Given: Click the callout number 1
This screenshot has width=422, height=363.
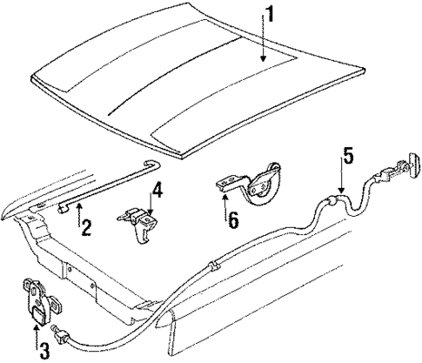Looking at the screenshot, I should tap(271, 15).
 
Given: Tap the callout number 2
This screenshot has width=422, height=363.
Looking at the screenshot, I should tap(85, 227).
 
